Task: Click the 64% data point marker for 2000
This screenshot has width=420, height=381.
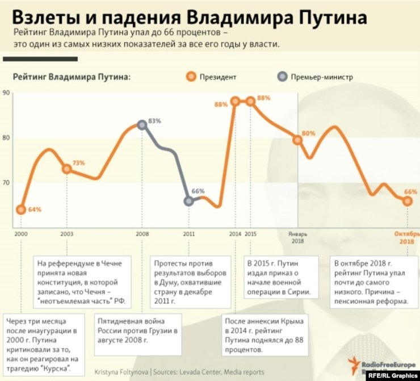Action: click(21, 210)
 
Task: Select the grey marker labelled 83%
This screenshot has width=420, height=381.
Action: click(142, 125)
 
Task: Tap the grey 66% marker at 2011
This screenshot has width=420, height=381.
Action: click(189, 201)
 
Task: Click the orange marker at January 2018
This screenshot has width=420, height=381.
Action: click(297, 140)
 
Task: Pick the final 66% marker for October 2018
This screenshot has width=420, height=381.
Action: click(408, 201)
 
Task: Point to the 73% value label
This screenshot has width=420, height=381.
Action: click(78, 163)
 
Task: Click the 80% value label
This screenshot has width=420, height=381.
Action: click(309, 133)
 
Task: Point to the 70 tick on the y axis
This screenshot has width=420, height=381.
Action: click(6, 183)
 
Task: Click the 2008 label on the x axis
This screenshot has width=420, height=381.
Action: click(142, 234)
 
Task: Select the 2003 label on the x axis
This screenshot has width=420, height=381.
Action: click(67, 234)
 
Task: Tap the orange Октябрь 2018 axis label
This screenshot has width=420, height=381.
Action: click(406, 237)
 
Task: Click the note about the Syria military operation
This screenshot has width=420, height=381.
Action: click(280, 278)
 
